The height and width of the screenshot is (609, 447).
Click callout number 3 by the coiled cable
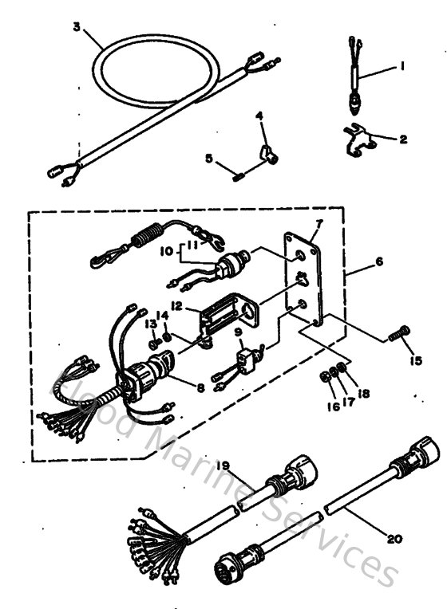76,26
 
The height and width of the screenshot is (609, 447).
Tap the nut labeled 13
153,344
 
